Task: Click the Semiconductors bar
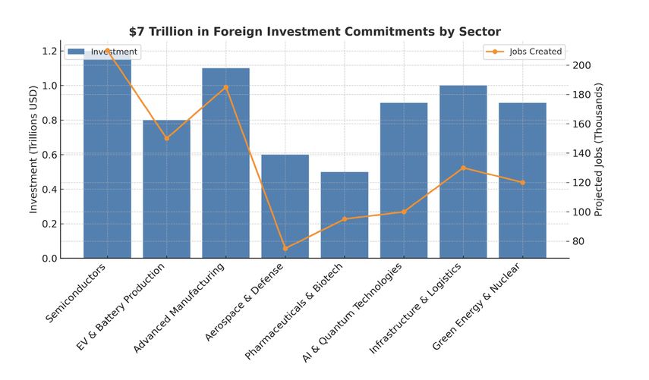[107, 159]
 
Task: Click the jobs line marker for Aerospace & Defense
[285, 248]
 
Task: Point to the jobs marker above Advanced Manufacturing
[225, 87]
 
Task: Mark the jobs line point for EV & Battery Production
[166, 138]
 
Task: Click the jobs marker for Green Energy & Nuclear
[522, 182]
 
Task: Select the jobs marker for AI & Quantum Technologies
[404, 212]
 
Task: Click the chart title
[314, 32]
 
